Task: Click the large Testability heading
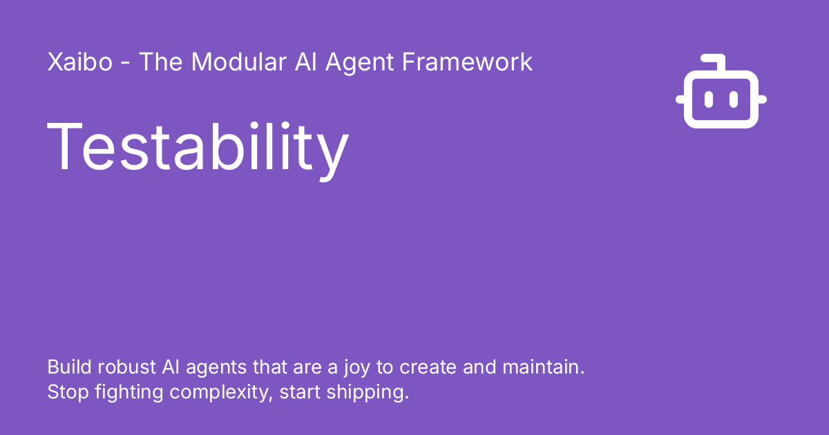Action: [x=198, y=147]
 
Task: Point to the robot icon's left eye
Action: [x=709, y=99]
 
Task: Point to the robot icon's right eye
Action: [x=734, y=99]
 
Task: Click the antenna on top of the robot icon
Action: [x=718, y=62]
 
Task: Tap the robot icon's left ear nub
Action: [x=680, y=100]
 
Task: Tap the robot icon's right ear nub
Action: [x=762, y=100]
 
